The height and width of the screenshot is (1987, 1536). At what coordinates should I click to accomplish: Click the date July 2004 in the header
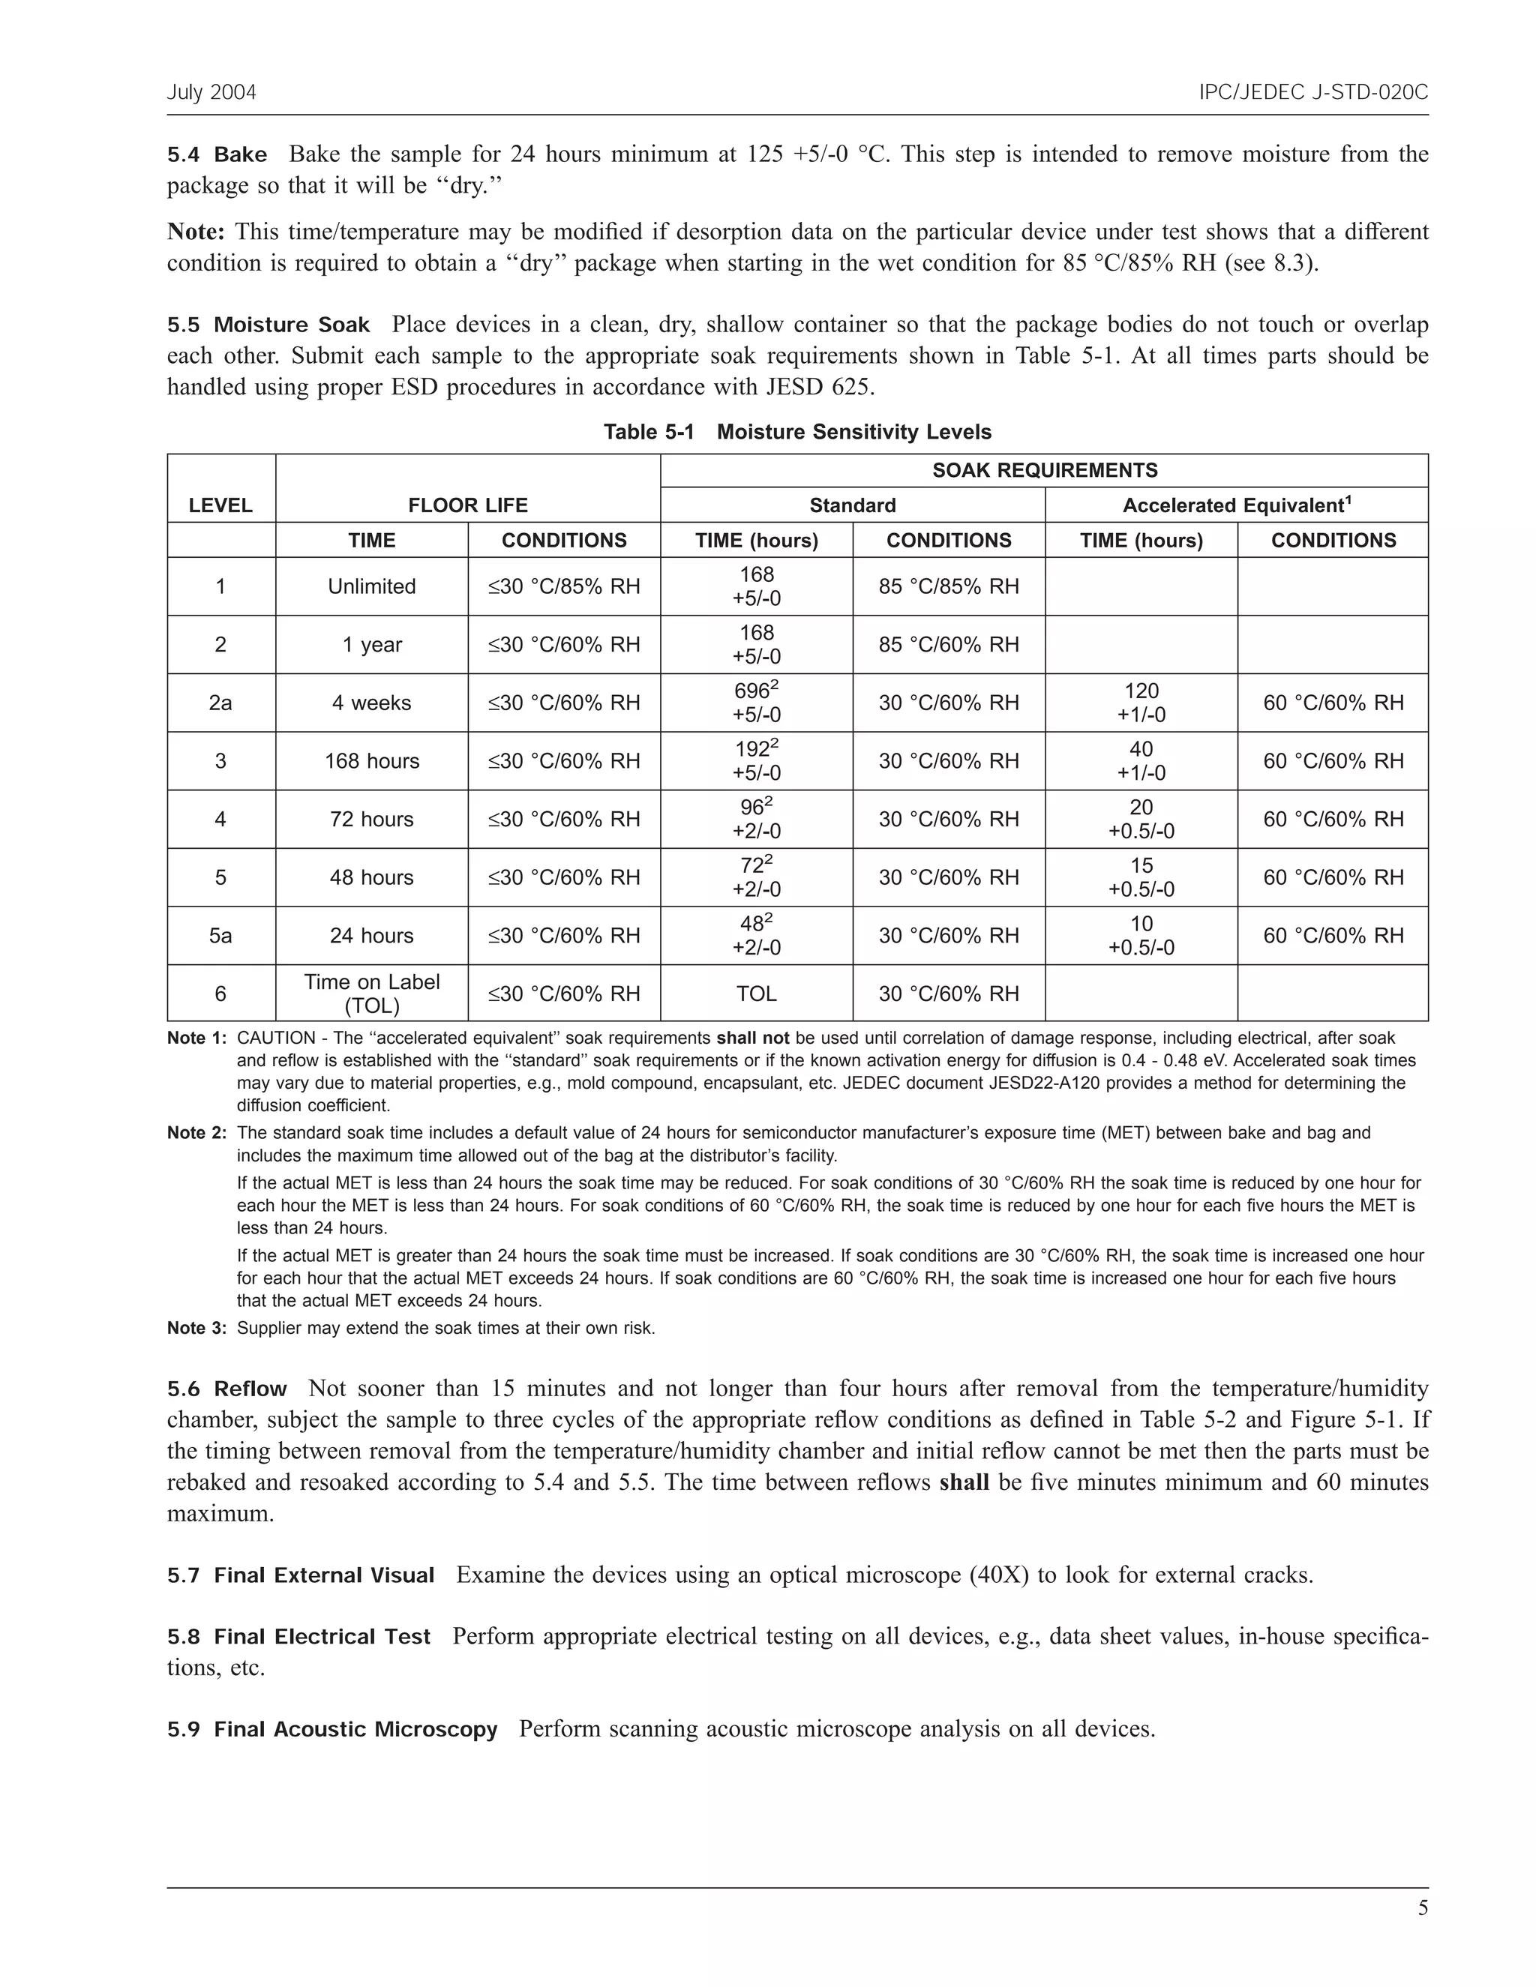click(211, 93)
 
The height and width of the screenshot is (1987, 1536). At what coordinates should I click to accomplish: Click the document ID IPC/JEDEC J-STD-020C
click(1313, 93)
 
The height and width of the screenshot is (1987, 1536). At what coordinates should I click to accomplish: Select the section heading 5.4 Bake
click(217, 154)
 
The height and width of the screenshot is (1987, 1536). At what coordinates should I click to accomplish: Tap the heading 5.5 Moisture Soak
click(268, 325)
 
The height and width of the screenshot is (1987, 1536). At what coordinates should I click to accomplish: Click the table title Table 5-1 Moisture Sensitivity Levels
click(797, 432)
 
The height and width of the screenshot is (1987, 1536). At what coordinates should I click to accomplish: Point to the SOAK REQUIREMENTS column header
click(1044, 470)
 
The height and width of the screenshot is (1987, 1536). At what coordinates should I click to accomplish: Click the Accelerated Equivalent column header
click(1236, 506)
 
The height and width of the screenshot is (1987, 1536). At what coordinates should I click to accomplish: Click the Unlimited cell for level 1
click(371, 587)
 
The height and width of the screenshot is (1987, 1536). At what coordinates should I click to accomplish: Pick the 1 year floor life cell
click(371, 645)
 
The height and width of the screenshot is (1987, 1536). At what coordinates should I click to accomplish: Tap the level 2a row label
click(220, 703)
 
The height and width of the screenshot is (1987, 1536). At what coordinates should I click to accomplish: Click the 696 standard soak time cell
click(756, 703)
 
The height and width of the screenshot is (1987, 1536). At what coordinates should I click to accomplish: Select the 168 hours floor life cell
click(371, 762)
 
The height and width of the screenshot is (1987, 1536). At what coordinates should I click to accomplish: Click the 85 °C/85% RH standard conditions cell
click(948, 587)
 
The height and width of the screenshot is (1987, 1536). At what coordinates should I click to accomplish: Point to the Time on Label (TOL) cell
click(371, 993)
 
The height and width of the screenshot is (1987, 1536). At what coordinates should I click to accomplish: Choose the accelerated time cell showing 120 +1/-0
click(1140, 703)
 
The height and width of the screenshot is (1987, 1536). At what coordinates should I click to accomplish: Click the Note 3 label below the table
click(196, 1329)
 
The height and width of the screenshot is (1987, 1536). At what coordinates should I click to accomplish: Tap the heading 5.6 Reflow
click(226, 1389)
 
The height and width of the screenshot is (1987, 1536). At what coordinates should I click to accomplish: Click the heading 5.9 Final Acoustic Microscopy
click(332, 1730)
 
